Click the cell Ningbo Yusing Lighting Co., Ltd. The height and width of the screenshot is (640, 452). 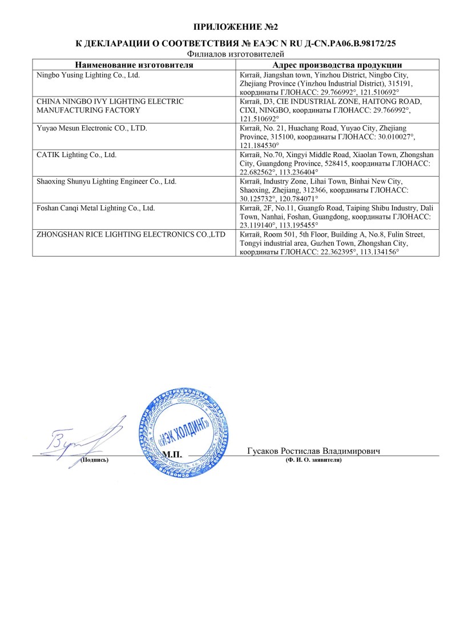[88, 75]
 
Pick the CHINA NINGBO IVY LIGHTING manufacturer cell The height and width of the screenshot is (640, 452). [110, 105]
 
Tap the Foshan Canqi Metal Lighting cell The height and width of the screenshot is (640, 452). [95, 208]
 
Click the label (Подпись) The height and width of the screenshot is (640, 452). [94, 460]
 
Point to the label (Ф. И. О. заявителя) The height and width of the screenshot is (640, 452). [313, 460]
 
